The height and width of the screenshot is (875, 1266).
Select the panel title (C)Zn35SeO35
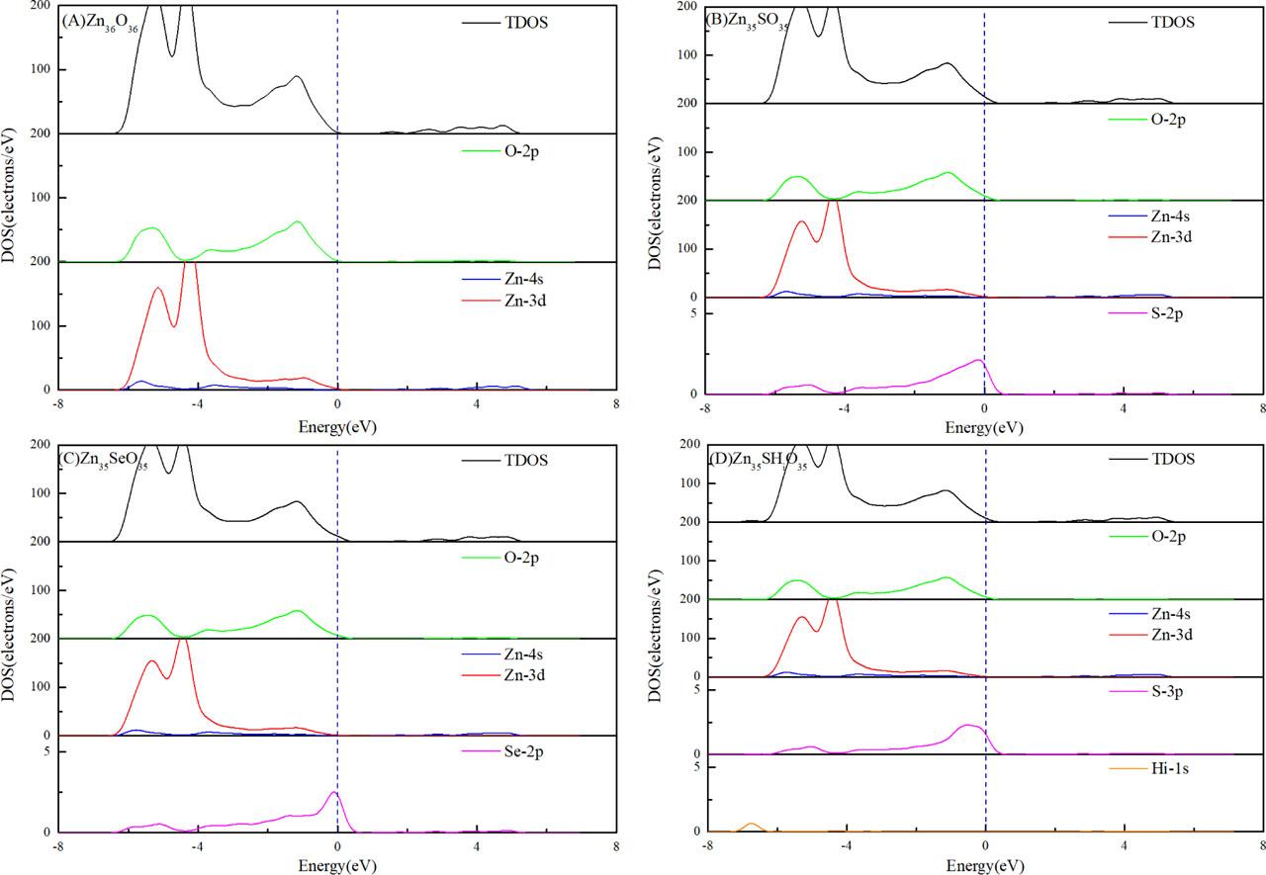(x=110, y=462)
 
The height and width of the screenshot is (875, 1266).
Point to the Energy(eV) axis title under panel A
(x=337, y=427)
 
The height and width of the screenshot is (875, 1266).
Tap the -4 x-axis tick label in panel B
(x=843, y=408)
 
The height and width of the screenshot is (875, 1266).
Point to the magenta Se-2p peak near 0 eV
(x=333, y=794)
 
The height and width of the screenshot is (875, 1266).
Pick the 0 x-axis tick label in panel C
(x=337, y=846)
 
